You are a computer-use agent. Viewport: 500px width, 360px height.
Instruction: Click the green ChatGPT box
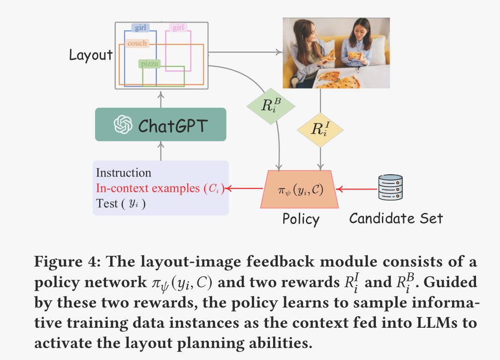(x=161, y=124)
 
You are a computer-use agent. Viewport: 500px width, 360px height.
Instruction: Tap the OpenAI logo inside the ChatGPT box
(x=123, y=124)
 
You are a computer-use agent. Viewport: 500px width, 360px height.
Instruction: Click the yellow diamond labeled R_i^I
(x=320, y=130)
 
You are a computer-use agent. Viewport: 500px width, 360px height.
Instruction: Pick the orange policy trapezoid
(x=299, y=189)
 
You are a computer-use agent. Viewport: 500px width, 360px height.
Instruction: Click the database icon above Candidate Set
(x=390, y=188)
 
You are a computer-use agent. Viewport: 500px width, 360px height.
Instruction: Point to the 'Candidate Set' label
(x=395, y=218)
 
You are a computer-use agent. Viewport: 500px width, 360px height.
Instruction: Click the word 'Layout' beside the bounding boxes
(x=90, y=55)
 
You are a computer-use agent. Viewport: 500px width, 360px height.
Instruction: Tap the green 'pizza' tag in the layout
(x=150, y=64)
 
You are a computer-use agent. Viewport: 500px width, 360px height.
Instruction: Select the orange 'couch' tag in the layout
(x=137, y=43)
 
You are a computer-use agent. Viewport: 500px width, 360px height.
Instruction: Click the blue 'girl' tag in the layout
(x=140, y=28)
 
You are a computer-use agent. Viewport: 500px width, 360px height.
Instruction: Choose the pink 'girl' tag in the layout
(x=178, y=28)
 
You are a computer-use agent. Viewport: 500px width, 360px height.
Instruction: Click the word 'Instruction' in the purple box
(x=124, y=173)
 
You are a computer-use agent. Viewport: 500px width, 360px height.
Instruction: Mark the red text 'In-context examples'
(x=148, y=188)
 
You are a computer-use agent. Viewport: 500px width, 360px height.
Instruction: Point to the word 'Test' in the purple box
(x=107, y=203)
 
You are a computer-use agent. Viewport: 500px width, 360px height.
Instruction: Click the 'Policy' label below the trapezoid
(x=301, y=219)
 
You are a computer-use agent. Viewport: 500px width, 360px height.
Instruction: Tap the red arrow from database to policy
(x=355, y=189)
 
